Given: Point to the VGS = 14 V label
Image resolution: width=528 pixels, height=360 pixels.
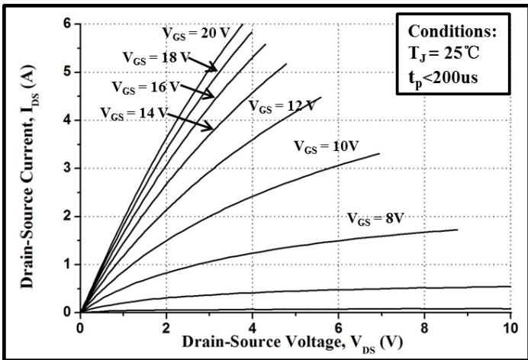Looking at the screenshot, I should (x=133, y=112).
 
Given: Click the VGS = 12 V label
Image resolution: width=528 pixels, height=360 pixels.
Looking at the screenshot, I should (x=281, y=107).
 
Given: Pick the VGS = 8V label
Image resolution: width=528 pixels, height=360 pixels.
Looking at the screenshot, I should (x=375, y=218).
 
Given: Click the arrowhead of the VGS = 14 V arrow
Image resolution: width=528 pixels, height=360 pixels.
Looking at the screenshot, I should (x=214, y=128).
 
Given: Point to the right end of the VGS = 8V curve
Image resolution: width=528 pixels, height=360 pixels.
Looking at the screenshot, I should (x=457, y=230).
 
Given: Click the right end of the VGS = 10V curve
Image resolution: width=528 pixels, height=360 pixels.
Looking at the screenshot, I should (x=379, y=154).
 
